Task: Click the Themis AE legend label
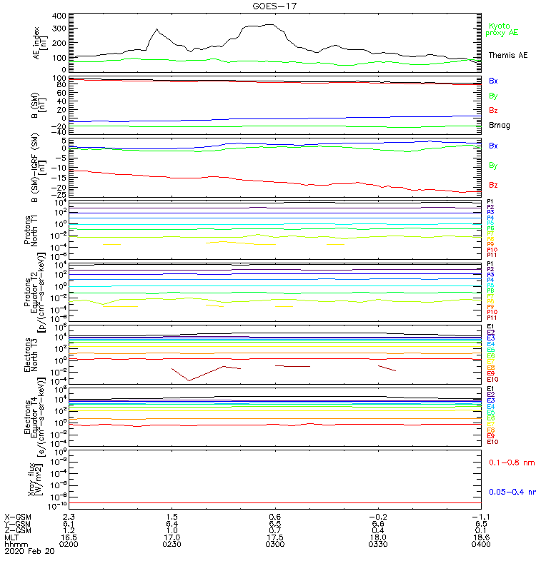point(507,55)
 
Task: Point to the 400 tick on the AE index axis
point(59,16)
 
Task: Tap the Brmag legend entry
point(500,126)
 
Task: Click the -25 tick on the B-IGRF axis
point(59,193)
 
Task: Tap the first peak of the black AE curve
point(157,29)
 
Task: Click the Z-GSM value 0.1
point(478,530)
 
